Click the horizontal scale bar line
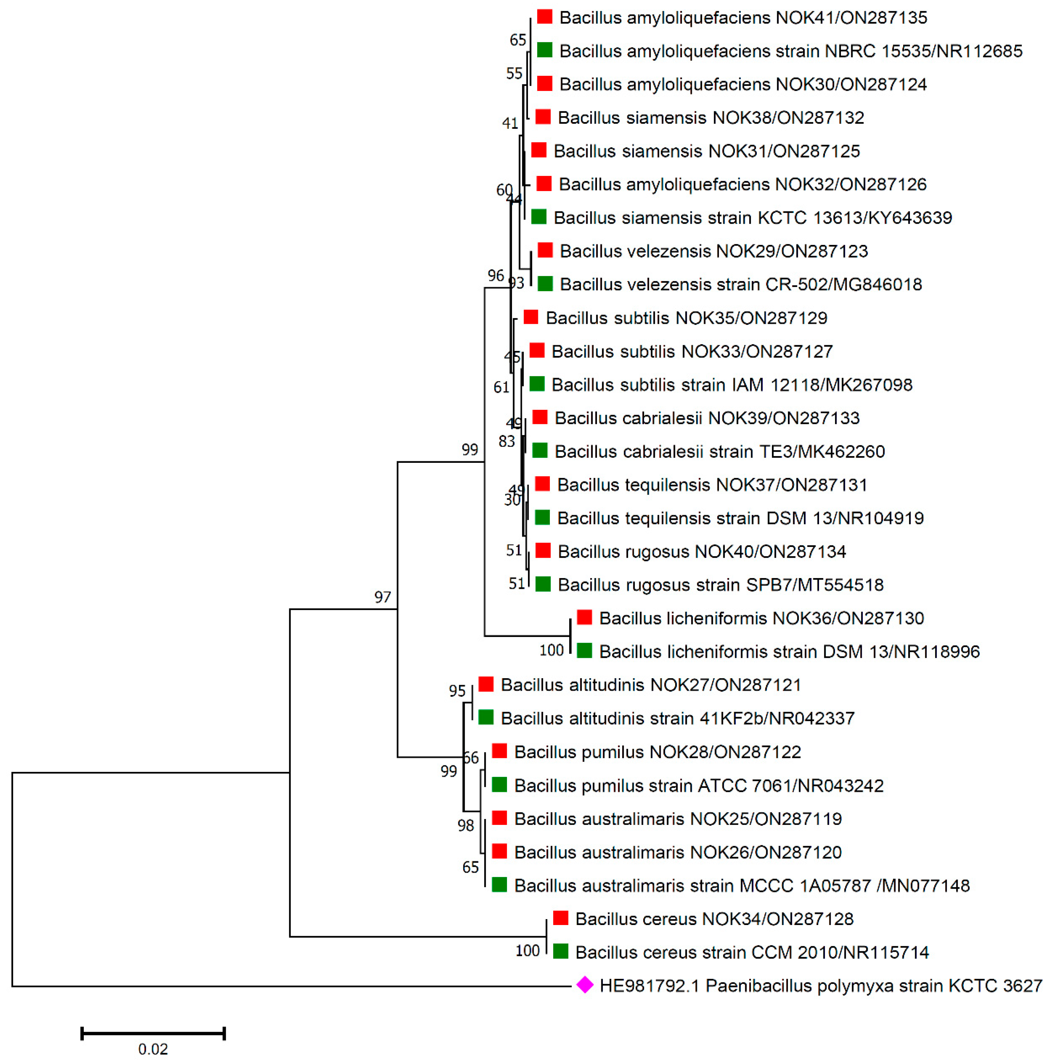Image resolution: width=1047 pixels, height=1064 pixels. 153,1033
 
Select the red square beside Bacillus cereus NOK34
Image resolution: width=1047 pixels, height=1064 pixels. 560,918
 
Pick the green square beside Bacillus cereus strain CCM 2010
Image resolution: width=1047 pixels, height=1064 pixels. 560,951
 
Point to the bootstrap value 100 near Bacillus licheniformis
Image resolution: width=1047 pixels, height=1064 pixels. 551,650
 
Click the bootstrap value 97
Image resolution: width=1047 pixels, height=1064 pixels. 382,597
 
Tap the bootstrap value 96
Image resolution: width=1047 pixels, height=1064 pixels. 495,275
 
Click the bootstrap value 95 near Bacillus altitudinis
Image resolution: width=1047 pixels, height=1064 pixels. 457,691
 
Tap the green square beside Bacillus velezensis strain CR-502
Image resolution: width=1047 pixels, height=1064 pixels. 545,284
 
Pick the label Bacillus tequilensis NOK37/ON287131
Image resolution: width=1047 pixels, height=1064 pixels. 712,485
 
